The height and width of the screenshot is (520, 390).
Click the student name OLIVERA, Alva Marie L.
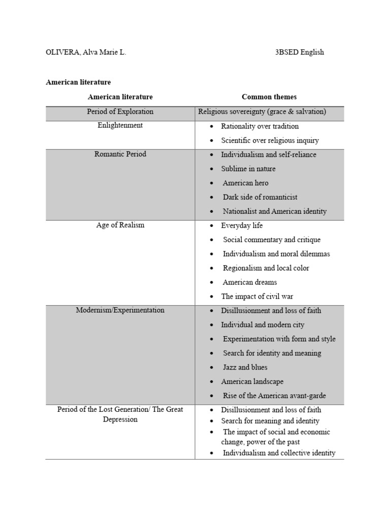coord(86,52)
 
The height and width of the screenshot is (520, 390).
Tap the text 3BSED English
coord(299,52)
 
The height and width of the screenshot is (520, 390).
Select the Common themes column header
coord(269,97)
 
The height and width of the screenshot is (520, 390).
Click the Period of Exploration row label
coord(120,112)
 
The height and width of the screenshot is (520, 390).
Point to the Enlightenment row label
coord(120,125)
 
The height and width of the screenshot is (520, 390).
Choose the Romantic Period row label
coord(120,154)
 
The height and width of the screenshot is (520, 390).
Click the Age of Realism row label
coord(120,225)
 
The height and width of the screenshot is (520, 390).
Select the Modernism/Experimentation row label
coord(120,310)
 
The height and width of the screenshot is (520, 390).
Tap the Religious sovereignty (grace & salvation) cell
coord(262,112)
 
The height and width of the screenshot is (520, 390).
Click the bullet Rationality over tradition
coord(259,126)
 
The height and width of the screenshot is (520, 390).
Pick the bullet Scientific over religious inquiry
coord(270,141)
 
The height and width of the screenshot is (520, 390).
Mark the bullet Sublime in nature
coord(248,169)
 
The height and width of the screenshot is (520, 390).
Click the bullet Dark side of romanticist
coord(260,197)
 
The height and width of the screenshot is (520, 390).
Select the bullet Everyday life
coord(242,225)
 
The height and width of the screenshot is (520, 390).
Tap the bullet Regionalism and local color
coord(266,268)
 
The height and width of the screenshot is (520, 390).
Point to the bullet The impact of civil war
coord(257,297)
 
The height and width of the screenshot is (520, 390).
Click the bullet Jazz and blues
coord(245,367)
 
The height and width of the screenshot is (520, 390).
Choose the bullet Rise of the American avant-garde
coord(274,396)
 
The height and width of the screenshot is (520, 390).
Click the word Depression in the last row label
coord(120,420)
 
